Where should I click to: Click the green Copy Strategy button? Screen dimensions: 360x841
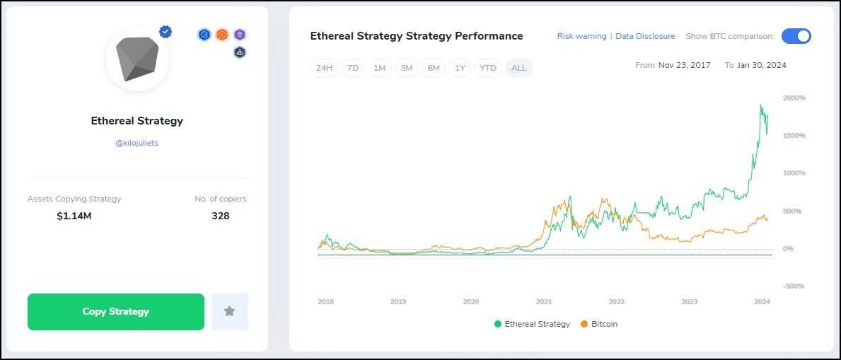point(115,312)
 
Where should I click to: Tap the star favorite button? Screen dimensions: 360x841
point(229,312)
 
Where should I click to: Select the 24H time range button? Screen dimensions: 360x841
point(324,68)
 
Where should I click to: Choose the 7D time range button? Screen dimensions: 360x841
point(352,68)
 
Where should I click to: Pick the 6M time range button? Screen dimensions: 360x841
point(434,68)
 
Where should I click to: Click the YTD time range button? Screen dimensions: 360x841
point(488,68)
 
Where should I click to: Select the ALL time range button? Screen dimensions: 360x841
point(518,68)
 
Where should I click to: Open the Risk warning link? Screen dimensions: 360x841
point(581,36)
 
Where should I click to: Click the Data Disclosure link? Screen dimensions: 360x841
point(645,36)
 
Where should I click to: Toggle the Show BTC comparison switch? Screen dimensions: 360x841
point(796,36)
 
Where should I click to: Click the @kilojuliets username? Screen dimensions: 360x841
point(137,143)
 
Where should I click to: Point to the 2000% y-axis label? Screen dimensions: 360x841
point(794,98)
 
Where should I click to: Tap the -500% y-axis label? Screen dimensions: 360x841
point(794,286)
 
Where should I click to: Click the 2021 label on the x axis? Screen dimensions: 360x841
point(543,302)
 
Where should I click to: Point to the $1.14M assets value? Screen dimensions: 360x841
point(74,216)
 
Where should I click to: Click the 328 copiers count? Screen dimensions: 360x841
point(220,216)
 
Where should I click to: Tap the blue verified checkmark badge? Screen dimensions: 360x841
point(166,32)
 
